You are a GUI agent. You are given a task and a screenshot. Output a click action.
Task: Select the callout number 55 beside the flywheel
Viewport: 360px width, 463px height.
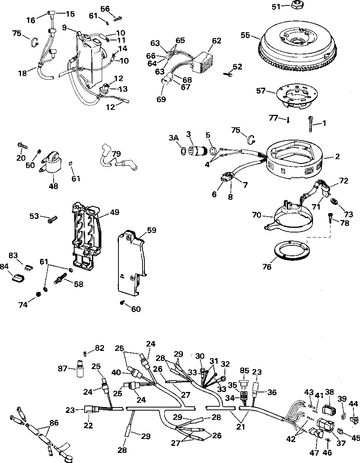coord(245,35)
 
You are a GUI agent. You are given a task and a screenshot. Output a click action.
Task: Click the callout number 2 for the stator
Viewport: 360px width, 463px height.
coord(337,156)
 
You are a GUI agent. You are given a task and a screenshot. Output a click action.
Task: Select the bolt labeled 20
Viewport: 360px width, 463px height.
coord(22,145)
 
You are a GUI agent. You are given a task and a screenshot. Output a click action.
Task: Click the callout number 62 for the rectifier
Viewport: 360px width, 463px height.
coord(216,40)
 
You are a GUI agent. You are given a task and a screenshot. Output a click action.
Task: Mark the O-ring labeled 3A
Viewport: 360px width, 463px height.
coord(183,152)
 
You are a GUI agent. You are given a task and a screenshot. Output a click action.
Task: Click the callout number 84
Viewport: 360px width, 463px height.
coord(4,267)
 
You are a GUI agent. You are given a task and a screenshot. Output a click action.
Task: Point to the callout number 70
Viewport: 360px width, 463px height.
coord(257,215)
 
